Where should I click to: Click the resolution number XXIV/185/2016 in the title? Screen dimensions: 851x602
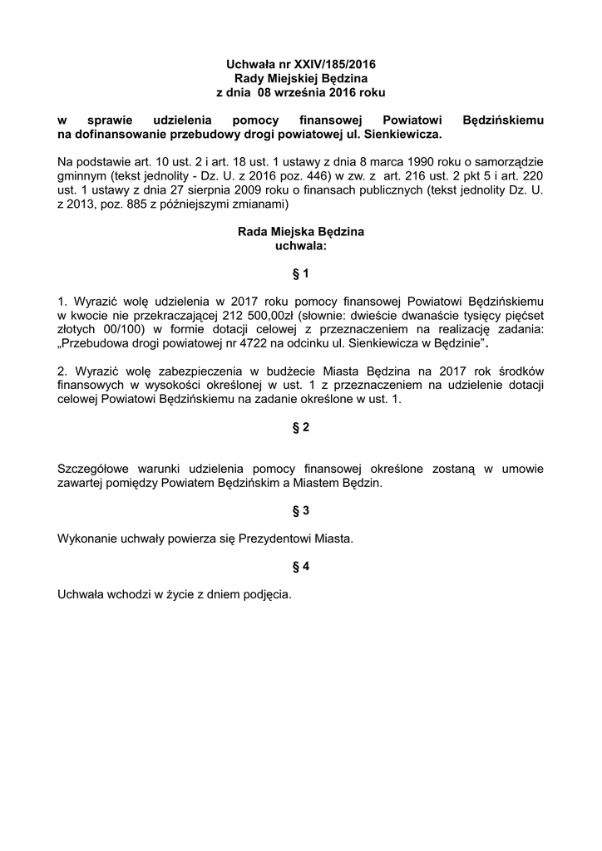[329, 63]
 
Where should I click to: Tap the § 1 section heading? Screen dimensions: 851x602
[301, 273]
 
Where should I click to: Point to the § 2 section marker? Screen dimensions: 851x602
[301, 427]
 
